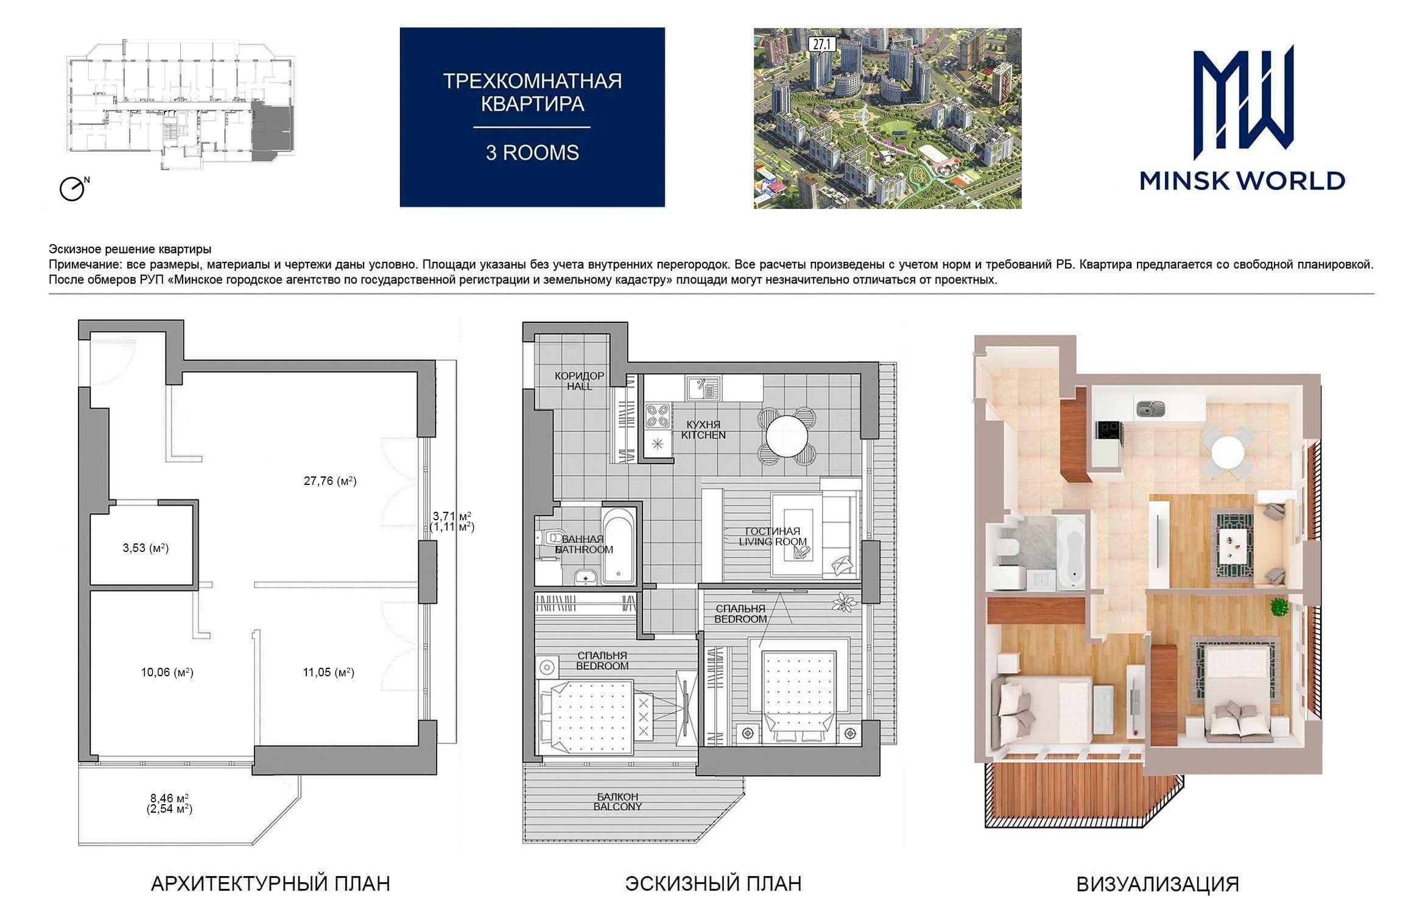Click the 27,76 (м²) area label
click(x=330, y=481)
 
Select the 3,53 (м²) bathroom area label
click(x=146, y=548)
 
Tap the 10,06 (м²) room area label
click(x=167, y=673)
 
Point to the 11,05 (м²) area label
click(x=328, y=673)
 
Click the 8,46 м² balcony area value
click(x=169, y=798)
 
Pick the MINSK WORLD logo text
click(x=1242, y=181)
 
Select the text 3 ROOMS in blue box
click(x=532, y=152)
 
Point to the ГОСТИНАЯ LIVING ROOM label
click(x=773, y=537)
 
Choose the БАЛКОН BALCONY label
click(x=618, y=802)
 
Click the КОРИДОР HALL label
click(x=579, y=381)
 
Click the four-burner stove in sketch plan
click(x=657, y=415)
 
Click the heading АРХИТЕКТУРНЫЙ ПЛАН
click(x=270, y=883)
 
